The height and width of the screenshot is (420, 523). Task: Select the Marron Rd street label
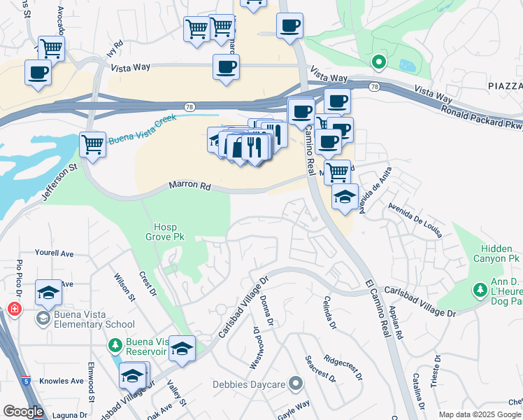pos(189,186)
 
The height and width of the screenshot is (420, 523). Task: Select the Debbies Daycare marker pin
pos(295,383)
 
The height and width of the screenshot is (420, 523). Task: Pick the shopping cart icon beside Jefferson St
pos(92,144)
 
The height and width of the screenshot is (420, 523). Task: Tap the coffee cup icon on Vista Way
pos(226,69)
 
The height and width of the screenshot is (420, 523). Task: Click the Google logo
pos(22,412)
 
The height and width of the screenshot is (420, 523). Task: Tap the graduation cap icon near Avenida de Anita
pos(345,197)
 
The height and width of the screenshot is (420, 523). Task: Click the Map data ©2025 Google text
pos(480,414)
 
